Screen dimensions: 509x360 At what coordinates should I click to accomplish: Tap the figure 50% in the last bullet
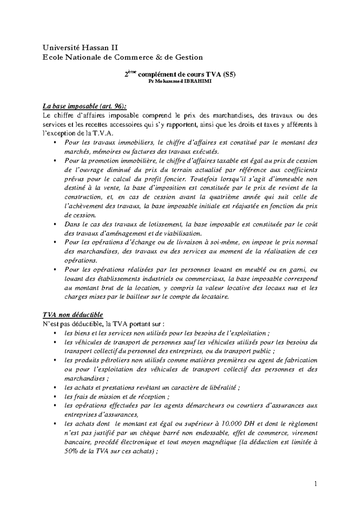pyautogui.click(x=71, y=451)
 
